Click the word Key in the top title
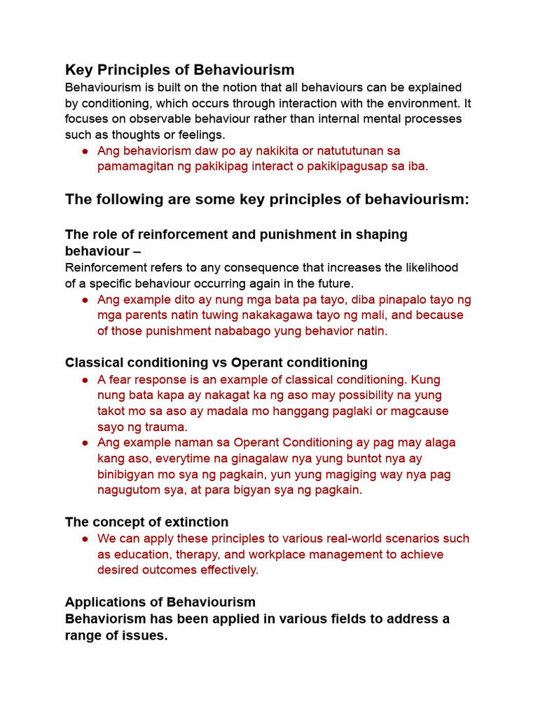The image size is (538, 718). [x=79, y=69]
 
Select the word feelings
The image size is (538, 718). [x=200, y=135]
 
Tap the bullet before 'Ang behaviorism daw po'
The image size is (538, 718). [x=85, y=151]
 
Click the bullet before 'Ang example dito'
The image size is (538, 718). [x=85, y=300]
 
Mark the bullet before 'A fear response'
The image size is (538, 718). [x=85, y=379]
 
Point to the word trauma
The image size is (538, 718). [x=167, y=426]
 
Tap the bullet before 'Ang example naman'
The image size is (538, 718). [x=85, y=443]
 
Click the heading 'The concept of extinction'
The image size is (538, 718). [x=146, y=522]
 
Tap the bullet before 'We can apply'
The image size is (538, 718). [x=85, y=539]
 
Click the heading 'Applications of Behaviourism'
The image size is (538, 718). [x=160, y=602]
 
